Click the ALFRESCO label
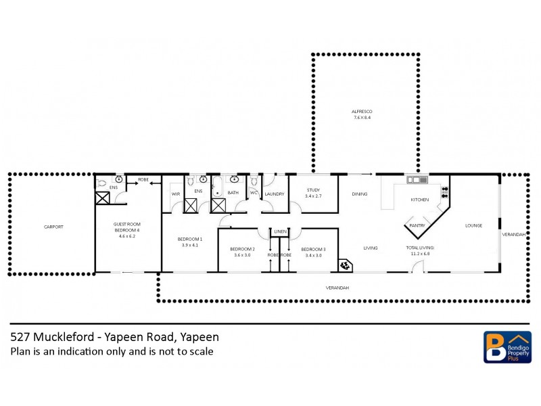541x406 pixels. coord(362,111)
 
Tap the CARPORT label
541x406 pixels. coord(53,227)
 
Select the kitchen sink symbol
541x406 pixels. coord(415,180)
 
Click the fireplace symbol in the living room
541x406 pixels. coord(344,264)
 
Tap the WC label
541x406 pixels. coord(254,194)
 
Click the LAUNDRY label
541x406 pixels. coord(275,194)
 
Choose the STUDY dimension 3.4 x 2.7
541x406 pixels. coord(313,196)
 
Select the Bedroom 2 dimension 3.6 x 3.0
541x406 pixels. coord(242,255)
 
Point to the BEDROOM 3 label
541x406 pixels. coord(314,249)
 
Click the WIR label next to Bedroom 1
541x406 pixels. coord(175,194)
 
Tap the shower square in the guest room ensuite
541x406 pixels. coord(102,198)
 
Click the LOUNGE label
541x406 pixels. coord(473,225)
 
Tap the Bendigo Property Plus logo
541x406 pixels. coord(507,346)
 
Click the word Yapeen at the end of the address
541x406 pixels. coord(199,337)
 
